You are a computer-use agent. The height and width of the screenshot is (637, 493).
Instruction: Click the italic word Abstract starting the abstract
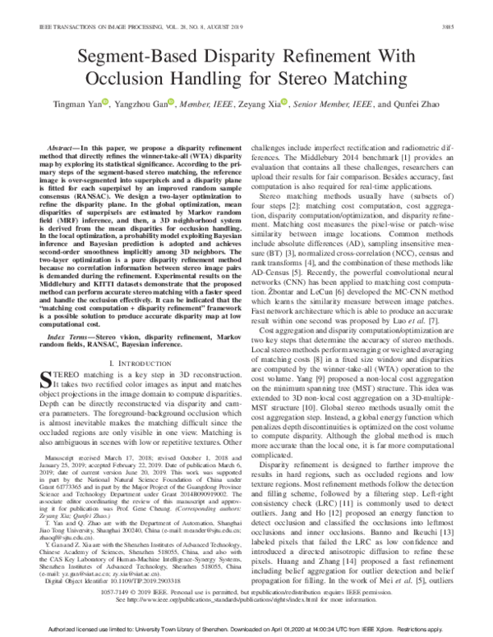coord(50,142)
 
